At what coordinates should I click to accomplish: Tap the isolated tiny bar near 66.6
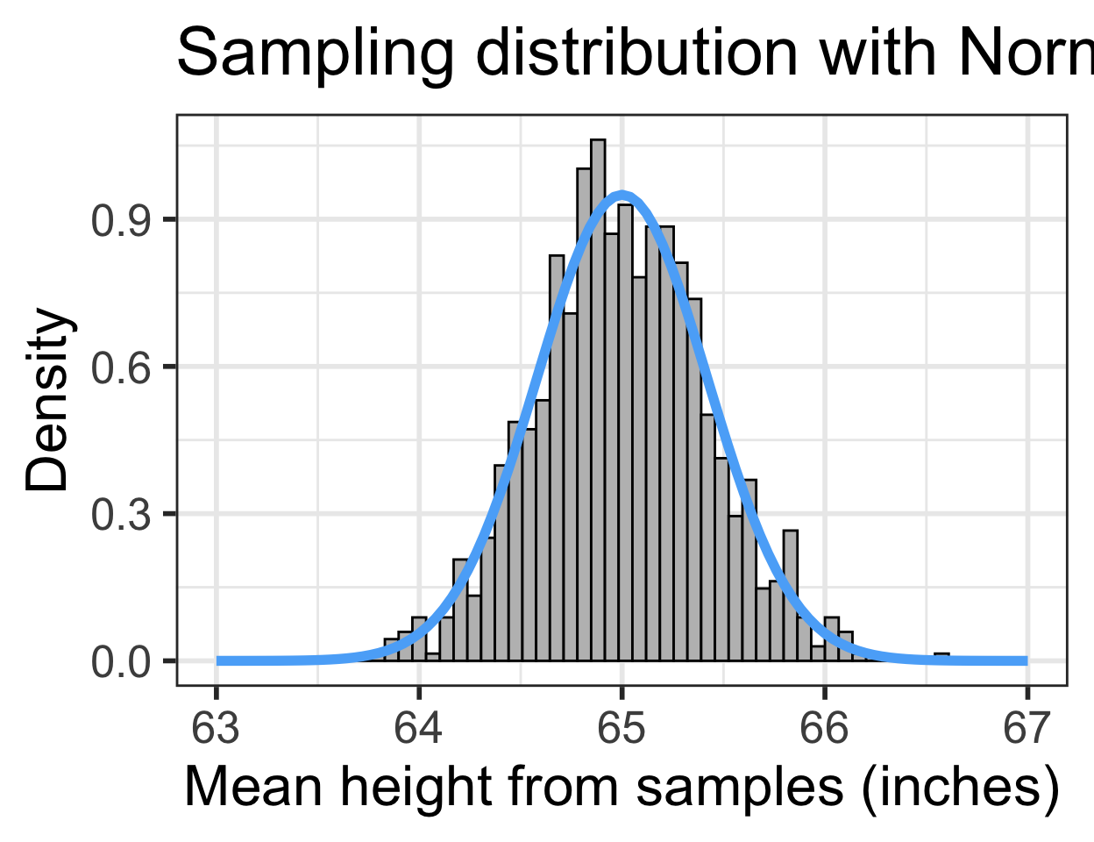click(941, 656)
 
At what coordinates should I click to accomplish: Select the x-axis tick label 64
click(419, 729)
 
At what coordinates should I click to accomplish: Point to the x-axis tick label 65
click(622, 729)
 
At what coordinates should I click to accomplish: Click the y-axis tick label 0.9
click(122, 220)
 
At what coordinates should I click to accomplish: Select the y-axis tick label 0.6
click(122, 367)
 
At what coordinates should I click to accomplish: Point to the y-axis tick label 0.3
click(122, 514)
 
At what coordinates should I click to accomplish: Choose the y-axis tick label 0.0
click(122, 661)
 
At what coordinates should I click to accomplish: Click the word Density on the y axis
click(47, 399)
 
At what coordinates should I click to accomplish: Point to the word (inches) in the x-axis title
click(960, 787)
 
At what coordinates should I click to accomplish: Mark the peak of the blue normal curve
click(622, 193)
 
